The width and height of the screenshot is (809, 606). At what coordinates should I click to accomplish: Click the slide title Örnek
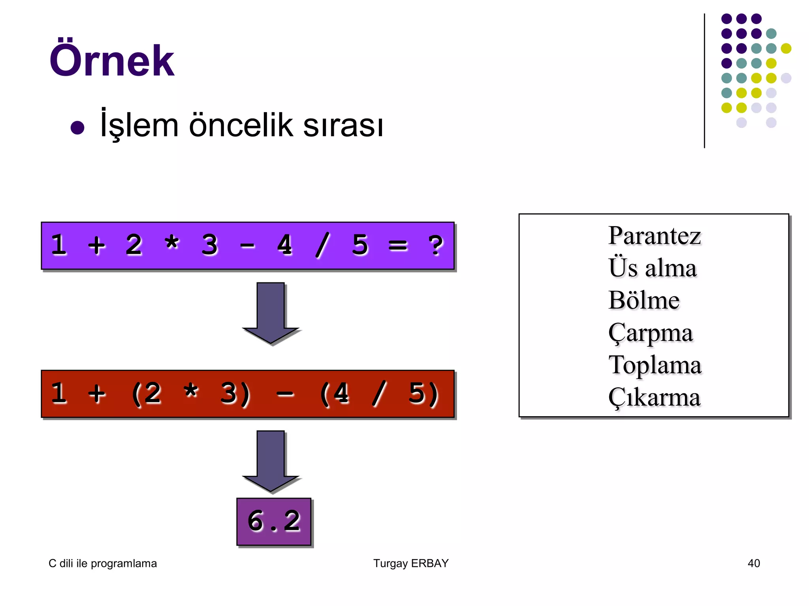coord(111,60)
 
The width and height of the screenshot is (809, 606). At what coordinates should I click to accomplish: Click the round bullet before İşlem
coord(77,128)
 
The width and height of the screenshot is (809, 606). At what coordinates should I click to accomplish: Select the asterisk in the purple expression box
coord(172,244)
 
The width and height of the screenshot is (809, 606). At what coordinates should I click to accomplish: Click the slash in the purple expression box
coord(322,245)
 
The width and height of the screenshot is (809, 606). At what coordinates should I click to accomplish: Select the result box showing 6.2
coord(274,522)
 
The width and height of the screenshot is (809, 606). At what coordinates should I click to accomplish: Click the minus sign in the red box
coord(285,394)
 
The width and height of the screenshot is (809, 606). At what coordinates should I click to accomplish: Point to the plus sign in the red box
coord(97,394)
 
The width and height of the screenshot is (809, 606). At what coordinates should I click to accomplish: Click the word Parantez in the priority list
coord(654,236)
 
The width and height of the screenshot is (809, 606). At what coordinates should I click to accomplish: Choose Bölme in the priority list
coord(644,301)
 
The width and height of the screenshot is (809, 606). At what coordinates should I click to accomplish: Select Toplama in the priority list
coord(655,365)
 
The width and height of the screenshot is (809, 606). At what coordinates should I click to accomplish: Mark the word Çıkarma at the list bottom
coord(654,398)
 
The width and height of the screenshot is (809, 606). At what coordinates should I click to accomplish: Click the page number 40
coord(754,563)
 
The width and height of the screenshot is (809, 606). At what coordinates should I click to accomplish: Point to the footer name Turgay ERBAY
coord(411,563)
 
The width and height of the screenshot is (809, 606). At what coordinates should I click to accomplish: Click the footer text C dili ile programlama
coord(103,563)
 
